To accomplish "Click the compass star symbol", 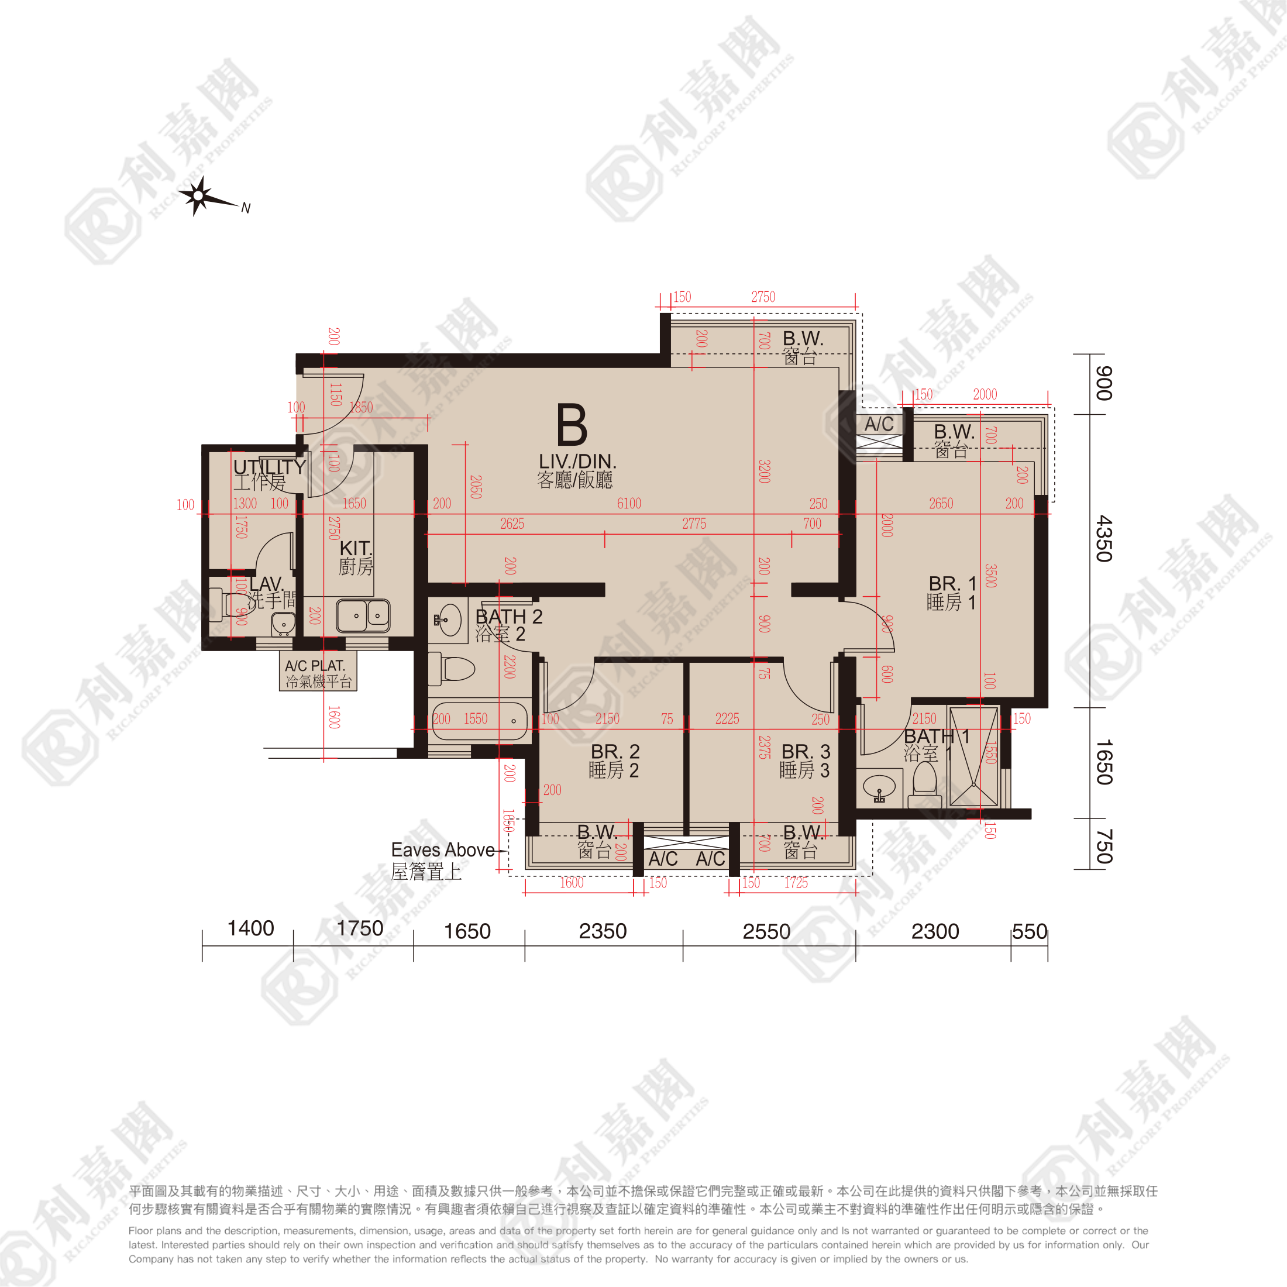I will tap(198, 196).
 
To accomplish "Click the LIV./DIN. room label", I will tap(577, 462).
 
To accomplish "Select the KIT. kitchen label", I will tap(356, 548).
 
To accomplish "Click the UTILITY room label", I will tap(269, 467).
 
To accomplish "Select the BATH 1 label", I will tap(936, 737).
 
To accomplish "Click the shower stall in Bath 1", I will tap(973, 757).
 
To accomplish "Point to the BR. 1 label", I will tap(952, 584).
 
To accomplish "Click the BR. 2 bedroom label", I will tap(615, 751).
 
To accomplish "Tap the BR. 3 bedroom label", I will tap(806, 751).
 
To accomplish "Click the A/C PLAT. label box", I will tap(318, 672).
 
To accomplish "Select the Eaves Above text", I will tap(442, 850).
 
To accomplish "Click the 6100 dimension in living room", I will tap(629, 504).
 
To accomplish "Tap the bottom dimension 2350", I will tap(602, 931).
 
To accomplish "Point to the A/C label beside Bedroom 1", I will tap(879, 424).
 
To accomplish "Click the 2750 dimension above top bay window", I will tap(763, 297).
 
